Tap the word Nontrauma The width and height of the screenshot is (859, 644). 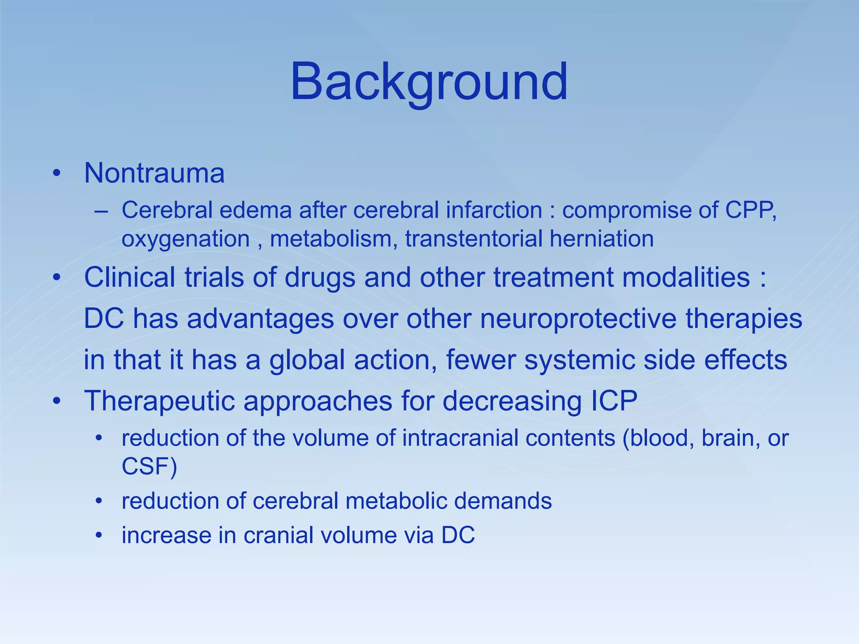tap(154, 173)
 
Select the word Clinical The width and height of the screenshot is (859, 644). tap(130, 277)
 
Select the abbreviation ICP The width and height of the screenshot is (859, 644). tap(614, 401)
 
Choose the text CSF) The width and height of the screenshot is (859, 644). tap(149, 466)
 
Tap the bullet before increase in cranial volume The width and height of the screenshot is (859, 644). tap(99, 535)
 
